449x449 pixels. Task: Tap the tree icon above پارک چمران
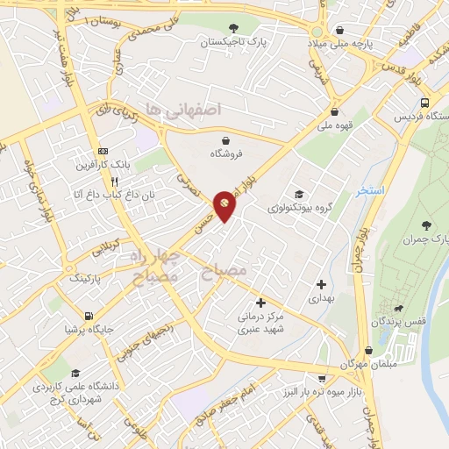tap(426, 226)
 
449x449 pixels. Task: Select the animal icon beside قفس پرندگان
tap(399, 308)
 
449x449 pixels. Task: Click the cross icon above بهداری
tap(321, 284)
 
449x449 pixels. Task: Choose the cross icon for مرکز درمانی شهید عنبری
tap(260, 303)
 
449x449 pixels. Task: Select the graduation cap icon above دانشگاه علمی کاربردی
tap(75, 372)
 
